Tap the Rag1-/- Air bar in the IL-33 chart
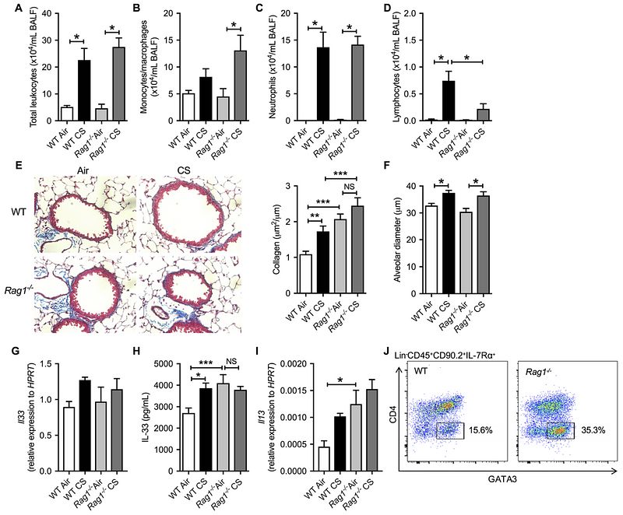click(x=220, y=428)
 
